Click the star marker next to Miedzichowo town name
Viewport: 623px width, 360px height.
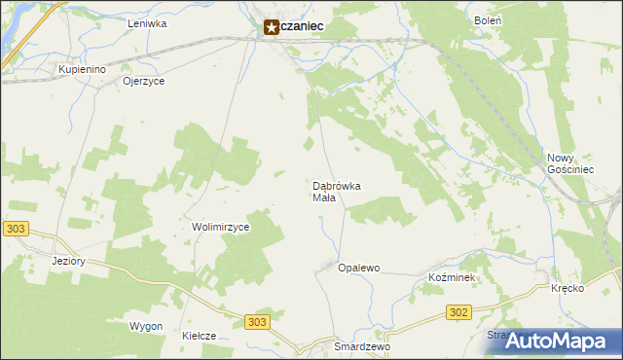click(x=272, y=29)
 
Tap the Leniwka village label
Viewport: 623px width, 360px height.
click(x=148, y=22)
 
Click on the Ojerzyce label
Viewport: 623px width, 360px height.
click(x=143, y=82)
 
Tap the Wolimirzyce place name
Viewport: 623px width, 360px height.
click(x=221, y=227)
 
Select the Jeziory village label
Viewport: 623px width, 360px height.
click(x=69, y=261)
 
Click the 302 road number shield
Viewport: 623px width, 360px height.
click(x=459, y=312)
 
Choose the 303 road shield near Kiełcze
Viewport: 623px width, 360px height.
click(x=256, y=322)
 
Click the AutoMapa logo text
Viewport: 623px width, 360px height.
click(x=568, y=342)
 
